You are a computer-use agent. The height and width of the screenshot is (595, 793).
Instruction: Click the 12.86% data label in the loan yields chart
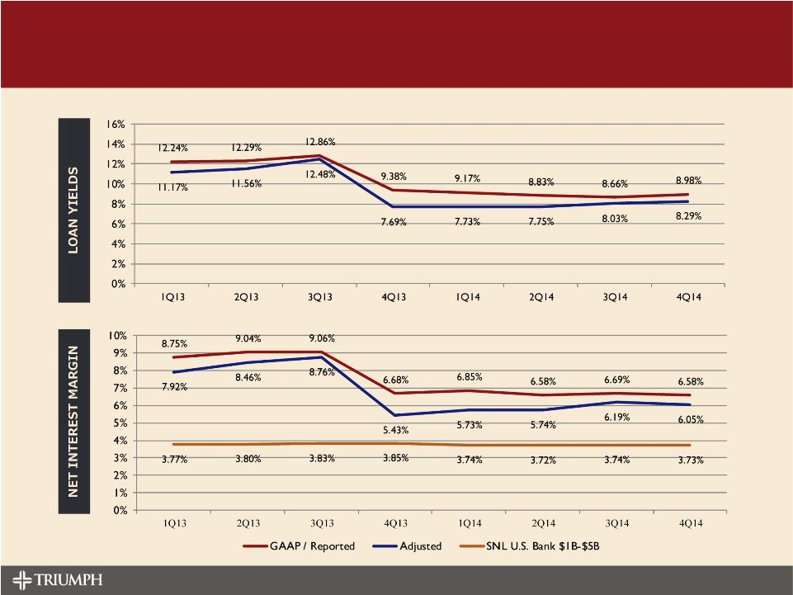click(320, 142)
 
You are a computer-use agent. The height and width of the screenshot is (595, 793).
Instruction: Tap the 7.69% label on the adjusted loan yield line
click(394, 222)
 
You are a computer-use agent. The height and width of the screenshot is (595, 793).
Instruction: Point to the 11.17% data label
click(174, 189)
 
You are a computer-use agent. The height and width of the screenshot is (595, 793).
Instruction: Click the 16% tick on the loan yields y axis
click(115, 125)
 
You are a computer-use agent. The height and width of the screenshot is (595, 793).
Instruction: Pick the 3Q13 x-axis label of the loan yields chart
click(321, 298)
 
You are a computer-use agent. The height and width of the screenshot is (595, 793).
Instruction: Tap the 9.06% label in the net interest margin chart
click(321, 338)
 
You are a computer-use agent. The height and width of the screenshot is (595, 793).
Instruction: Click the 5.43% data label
click(394, 430)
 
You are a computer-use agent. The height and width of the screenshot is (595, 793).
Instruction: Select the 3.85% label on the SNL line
click(394, 459)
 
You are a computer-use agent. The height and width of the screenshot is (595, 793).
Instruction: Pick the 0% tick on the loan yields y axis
click(117, 284)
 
